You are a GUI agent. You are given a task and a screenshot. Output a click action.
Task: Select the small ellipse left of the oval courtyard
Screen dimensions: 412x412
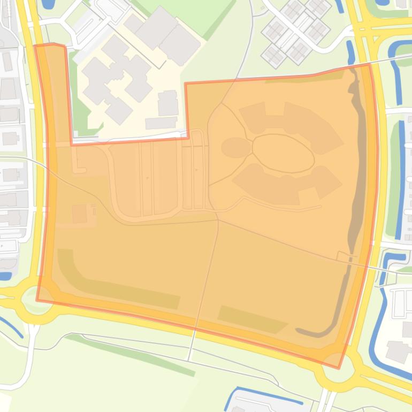click(235, 148)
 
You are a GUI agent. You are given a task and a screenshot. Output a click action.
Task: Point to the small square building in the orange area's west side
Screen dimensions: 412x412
click(80, 214)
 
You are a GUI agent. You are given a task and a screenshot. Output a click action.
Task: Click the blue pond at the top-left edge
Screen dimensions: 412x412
click(48, 4)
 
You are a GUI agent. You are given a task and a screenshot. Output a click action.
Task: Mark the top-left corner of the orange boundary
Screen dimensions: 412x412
click(35, 46)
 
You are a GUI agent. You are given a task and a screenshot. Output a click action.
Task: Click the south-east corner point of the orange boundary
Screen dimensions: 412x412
click(338, 368)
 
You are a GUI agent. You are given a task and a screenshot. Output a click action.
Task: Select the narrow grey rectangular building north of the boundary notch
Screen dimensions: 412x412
click(161, 123)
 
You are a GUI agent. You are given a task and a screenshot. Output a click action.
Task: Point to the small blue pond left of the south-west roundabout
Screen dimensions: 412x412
click(5, 276)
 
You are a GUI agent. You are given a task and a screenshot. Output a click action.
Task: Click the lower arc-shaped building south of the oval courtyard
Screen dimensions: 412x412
click(284, 185)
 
